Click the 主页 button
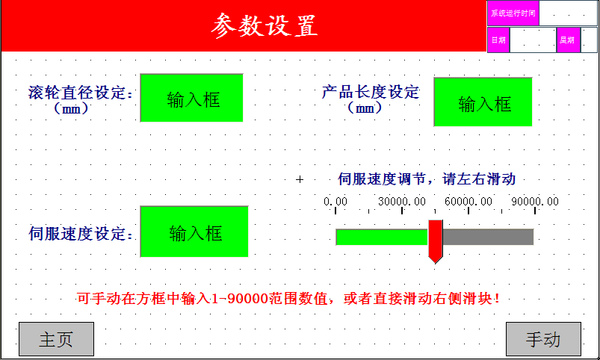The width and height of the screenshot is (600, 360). click(56, 339)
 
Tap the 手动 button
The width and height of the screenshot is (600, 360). click(543, 339)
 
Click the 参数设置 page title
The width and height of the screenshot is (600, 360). click(265, 25)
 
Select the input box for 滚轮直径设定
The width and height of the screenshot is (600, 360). click(192, 98)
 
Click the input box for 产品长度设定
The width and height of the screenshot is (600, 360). click(483, 102)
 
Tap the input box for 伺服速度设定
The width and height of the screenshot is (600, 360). click(194, 232)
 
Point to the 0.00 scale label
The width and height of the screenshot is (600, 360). click(335, 201)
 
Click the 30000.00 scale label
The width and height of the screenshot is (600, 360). click(402, 201)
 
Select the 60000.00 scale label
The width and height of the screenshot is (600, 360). click(468, 201)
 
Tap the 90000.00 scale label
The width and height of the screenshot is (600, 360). click(535, 201)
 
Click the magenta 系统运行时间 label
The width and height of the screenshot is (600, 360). click(513, 13)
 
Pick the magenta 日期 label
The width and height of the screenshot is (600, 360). click(498, 40)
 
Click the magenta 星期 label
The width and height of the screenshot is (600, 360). click(568, 40)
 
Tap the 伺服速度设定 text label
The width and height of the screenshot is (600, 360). click(81, 233)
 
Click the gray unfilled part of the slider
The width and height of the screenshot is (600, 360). click(488, 237)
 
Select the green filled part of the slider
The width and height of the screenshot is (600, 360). click(382, 237)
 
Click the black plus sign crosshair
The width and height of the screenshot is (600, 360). click(300, 179)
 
